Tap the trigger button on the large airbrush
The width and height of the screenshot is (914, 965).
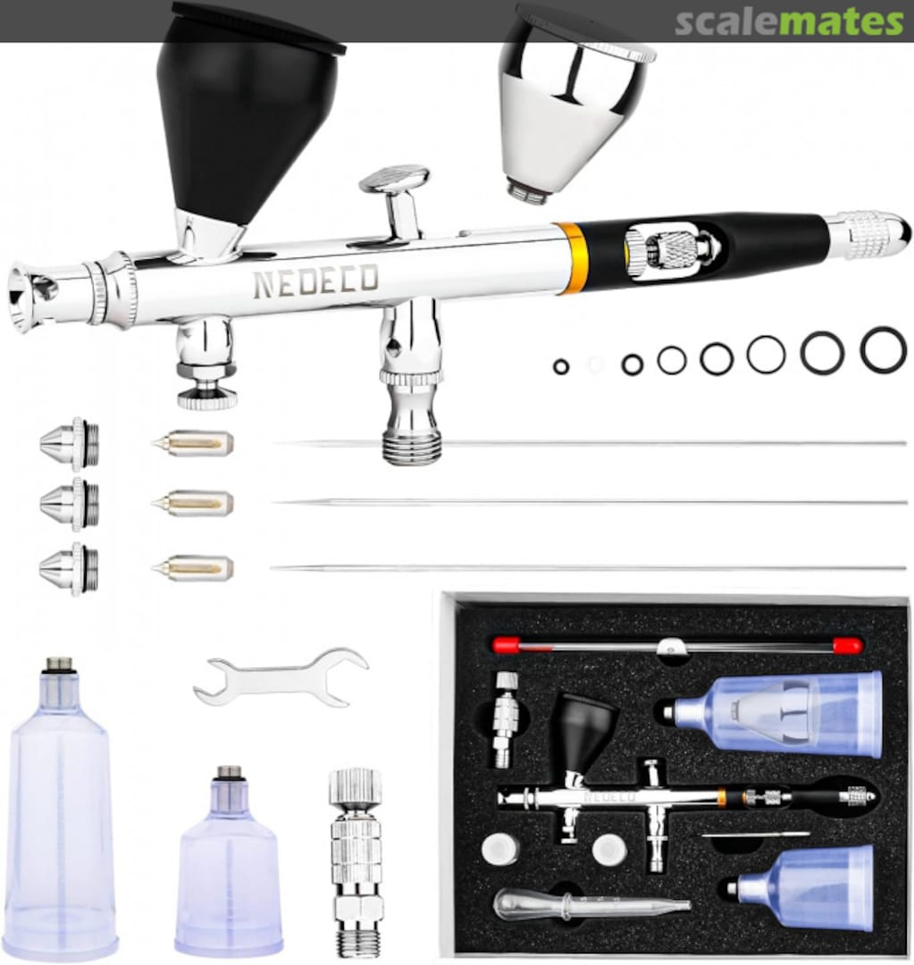click(395, 180)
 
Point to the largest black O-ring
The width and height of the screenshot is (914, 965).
click(883, 349)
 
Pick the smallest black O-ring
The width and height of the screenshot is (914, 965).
click(561, 366)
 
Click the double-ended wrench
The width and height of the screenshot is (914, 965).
click(281, 676)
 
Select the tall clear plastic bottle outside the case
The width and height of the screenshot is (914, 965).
click(61, 813)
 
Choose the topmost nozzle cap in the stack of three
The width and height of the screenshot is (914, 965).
click(70, 443)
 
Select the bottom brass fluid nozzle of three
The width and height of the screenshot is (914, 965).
click(194, 567)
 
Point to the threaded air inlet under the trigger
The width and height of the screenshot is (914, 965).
click(411, 438)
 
